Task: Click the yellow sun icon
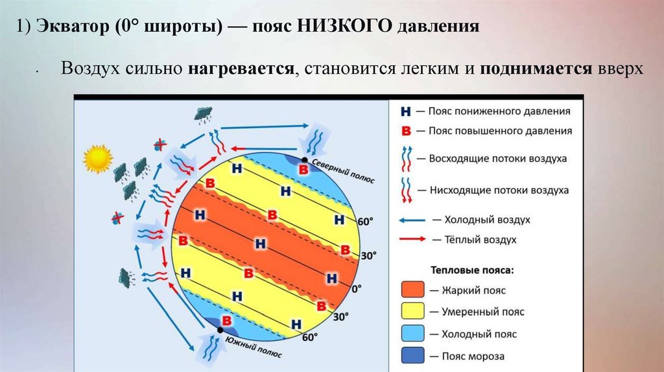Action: pyautogui.click(x=98, y=159)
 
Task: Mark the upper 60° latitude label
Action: pyautogui.click(x=366, y=222)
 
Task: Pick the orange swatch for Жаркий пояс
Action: pyautogui.click(x=412, y=290)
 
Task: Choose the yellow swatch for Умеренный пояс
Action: pyautogui.click(x=412, y=312)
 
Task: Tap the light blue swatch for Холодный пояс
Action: pyautogui.click(x=412, y=334)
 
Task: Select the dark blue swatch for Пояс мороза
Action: pyautogui.click(x=412, y=355)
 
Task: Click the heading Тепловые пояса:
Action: pyautogui.click(x=471, y=268)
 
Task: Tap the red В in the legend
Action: pyautogui.click(x=407, y=131)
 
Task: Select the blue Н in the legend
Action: pyautogui.click(x=406, y=111)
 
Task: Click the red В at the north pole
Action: pyautogui.click(x=303, y=170)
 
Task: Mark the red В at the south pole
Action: pyautogui.click(x=227, y=320)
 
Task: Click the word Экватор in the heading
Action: pyautogui.click(x=65, y=27)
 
